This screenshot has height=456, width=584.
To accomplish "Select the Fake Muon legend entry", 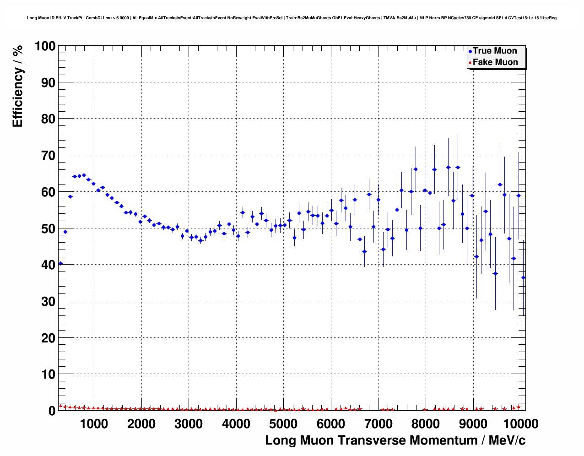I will pyautogui.click(x=495, y=62).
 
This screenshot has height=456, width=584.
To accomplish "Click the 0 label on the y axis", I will pyautogui.click(x=52, y=411).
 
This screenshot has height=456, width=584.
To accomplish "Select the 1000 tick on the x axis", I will pyautogui.click(x=94, y=423).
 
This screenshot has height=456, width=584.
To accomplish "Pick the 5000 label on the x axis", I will pyautogui.click(x=283, y=423).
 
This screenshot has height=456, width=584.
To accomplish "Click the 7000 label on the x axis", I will pyautogui.click(x=379, y=423).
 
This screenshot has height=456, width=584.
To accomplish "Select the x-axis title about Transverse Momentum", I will pyautogui.click(x=395, y=440).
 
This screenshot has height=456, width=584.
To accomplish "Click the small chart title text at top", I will pyautogui.click(x=292, y=18).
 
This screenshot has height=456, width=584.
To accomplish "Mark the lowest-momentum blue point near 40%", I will pyautogui.click(x=60, y=264).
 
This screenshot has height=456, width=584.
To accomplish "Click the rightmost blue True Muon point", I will pyautogui.click(x=523, y=277).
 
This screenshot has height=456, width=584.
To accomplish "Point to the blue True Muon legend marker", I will pyautogui.click(x=470, y=51).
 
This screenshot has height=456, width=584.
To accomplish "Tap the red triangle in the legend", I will pyautogui.click(x=470, y=63).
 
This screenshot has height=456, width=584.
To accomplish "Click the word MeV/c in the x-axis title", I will pyautogui.click(x=507, y=440).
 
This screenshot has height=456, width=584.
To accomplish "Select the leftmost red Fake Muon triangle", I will pyautogui.click(x=60, y=406).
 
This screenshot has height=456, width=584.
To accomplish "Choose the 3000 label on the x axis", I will pyautogui.click(x=189, y=423).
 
